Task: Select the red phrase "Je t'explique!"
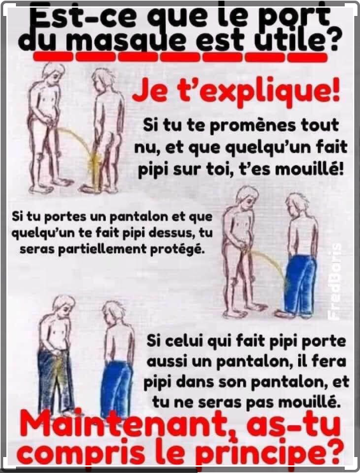point(236,91)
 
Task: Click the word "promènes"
point(252,126)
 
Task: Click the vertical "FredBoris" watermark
point(335,280)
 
